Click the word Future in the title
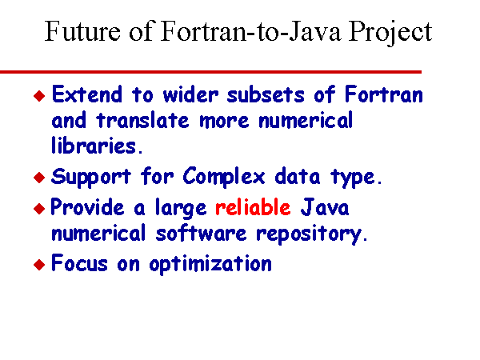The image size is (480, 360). tap(82, 31)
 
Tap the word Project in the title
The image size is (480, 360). tap(390, 33)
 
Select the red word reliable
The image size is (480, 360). tap(253, 207)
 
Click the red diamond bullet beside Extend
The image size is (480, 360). tap(39, 95)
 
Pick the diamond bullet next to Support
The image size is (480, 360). tap(39, 178)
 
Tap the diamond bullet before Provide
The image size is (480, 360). tap(39, 209)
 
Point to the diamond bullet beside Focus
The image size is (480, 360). tap(39, 265)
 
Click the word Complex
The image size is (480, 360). tap(224, 178)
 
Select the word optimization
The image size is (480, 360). tap(210, 264)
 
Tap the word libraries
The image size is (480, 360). tap(97, 145)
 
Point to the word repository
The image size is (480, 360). tap(312, 234)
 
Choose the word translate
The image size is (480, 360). tap(143, 119)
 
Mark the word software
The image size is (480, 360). tap(201, 233)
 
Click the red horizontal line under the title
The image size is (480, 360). tap(210, 72)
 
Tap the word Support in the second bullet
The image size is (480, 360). tap(91, 178)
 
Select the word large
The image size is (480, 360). tap(181, 209)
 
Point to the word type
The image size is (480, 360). tap(357, 178)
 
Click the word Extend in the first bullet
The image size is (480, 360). tap(87, 94)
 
